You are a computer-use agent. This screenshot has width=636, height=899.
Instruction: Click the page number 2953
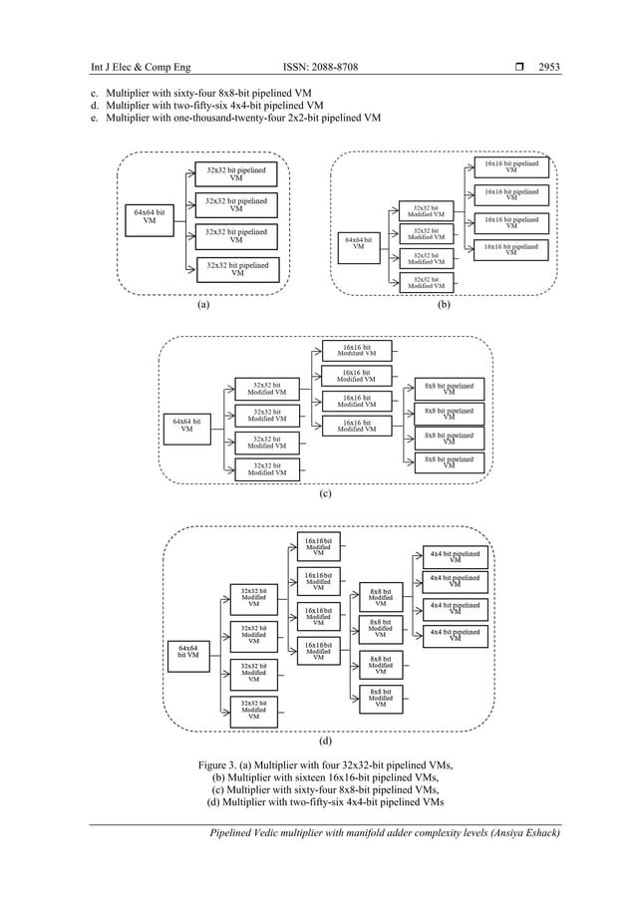click(x=548, y=68)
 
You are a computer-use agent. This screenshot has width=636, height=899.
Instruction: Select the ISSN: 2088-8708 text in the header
click(x=320, y=68)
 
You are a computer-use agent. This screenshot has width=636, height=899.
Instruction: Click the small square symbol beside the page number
click(x=517, y=68)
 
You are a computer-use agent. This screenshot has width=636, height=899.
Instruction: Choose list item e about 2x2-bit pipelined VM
click(x=234, y=118)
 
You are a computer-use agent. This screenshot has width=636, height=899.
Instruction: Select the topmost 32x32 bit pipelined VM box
click(x=236, y=174)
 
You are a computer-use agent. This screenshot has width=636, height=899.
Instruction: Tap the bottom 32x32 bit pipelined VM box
click(x=236, y=269)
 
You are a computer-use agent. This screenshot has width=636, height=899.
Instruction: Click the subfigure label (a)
click(x=203, y=306)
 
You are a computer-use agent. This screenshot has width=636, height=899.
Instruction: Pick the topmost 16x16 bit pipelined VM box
click(x=510, y=166)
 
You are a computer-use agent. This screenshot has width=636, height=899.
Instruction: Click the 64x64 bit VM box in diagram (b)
click(x=358, y=244)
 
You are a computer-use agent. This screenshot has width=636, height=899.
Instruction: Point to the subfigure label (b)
click(x=444, y=306)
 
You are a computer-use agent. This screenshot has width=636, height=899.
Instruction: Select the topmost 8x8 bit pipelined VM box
click(x=449, y=388)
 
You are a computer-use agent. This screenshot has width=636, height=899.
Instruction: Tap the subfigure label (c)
click(x=324, y=493)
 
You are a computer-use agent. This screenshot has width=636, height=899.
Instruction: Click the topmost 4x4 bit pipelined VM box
click(x=455, y=557)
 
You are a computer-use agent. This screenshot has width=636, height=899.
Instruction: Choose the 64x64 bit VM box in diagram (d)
click(x=187, y=653)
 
